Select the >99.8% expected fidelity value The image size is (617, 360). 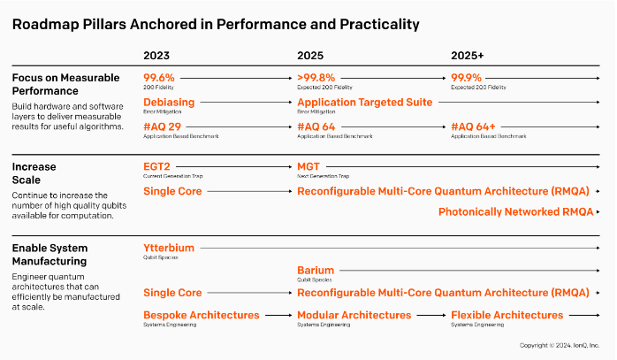(x=316, y=78)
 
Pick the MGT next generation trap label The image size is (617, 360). (x=308, y=166)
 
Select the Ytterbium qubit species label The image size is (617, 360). (x=169, y=248)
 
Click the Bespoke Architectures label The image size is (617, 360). (x=202, y=315)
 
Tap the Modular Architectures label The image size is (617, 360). (x=354, y=315)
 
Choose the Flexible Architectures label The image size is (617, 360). (x=509, y=315)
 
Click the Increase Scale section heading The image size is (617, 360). (x=34, y=172)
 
